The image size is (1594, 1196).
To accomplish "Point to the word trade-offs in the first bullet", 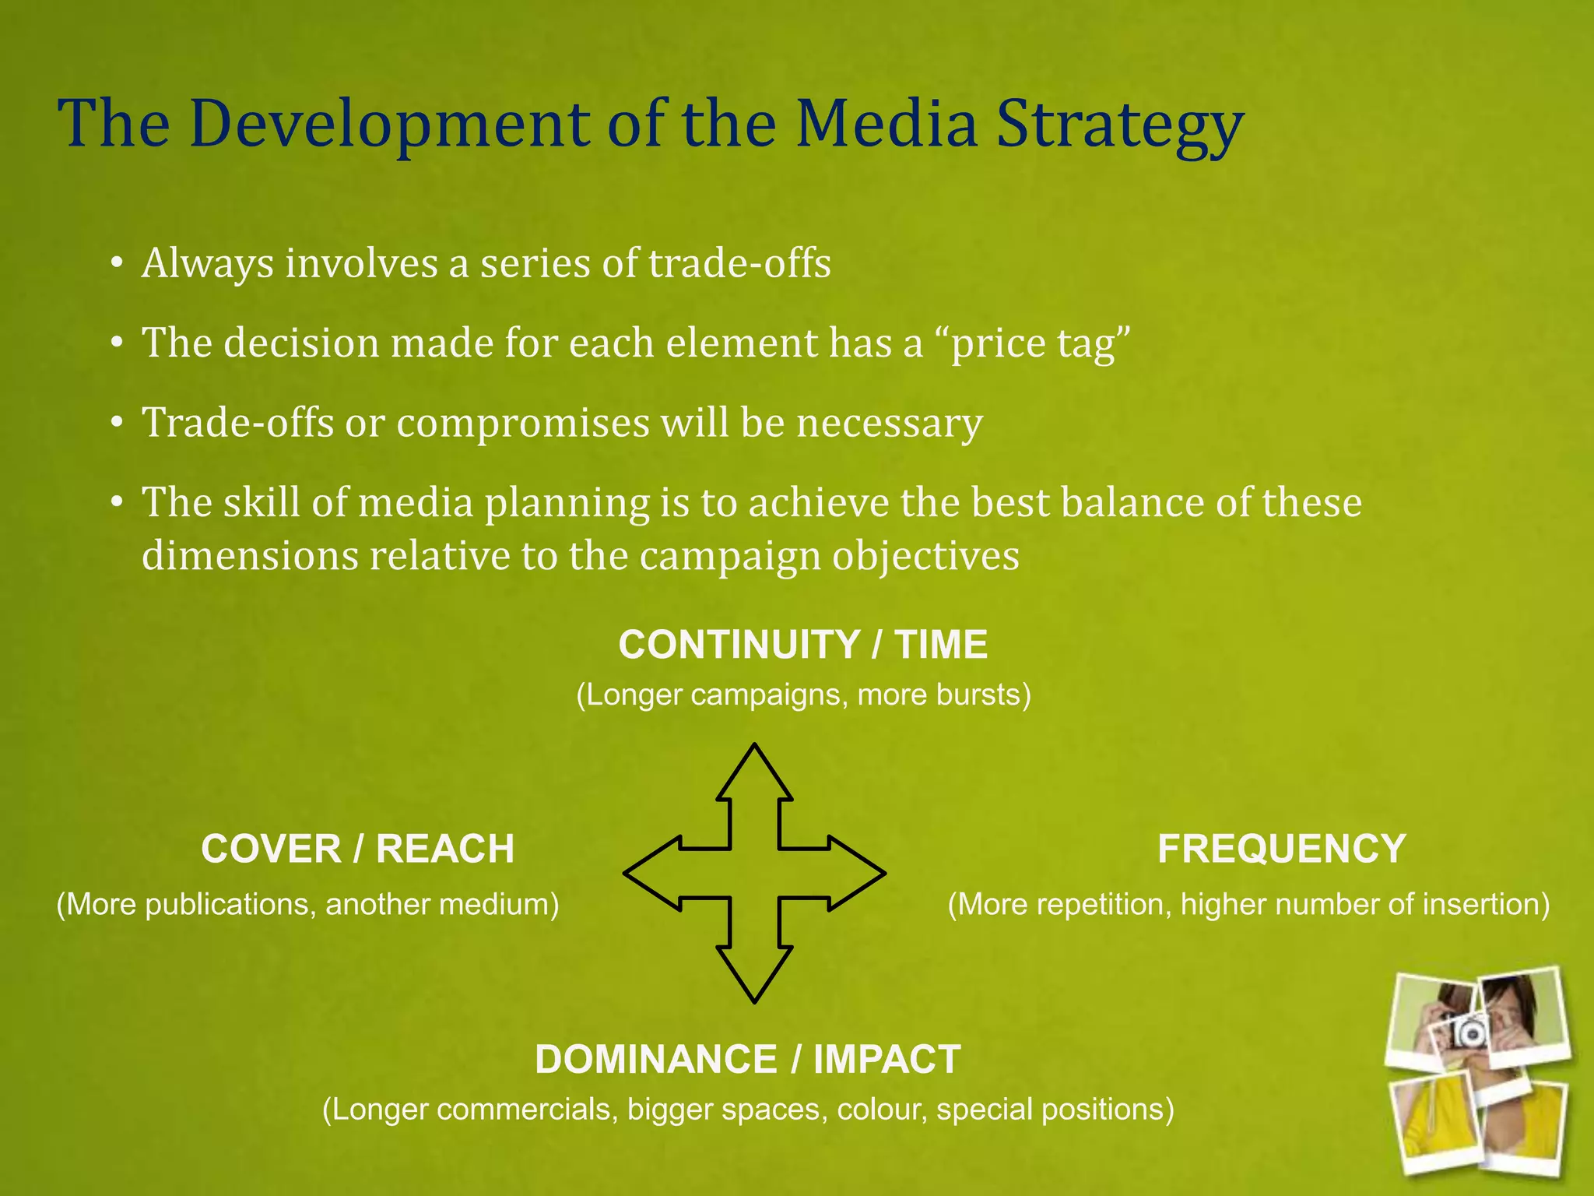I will [x=739, y=263].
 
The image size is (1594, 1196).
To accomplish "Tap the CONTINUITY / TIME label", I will [x=802, y=645].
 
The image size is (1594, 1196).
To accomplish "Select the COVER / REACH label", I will [x=357, y=849].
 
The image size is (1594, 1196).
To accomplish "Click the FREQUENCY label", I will [x=1281, y=849].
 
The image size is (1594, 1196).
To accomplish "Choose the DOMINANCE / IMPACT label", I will [x=747, y=1060].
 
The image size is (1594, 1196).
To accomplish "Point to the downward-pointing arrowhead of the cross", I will [x=754, y=973].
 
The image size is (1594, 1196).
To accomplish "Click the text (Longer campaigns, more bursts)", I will [x=802, y=695].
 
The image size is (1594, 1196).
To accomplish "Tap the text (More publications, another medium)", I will [x=307, y=905].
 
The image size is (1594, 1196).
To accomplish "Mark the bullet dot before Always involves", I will [x=116, y=264].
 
